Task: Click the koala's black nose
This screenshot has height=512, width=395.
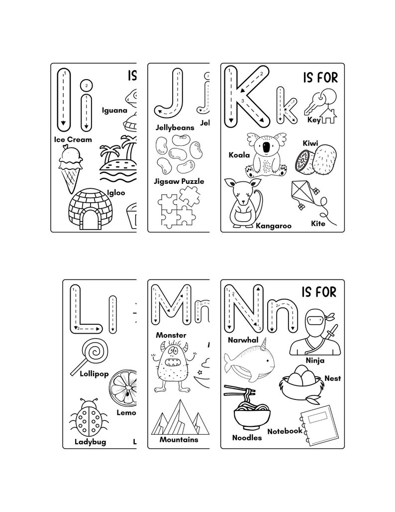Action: click(x=269, y=147)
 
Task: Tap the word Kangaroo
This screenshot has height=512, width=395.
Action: click(x=273, y=226)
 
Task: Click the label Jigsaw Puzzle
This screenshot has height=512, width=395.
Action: click(x=180, y=181)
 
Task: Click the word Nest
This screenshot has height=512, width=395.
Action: click(x=332, y=379)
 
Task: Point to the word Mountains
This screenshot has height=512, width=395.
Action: click(x=179, y=440)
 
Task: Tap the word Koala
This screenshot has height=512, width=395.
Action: click(x=239, y=155)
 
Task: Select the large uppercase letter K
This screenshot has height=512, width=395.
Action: click(x=245, y=98)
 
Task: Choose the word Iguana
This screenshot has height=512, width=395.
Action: click(x=115, y=110)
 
